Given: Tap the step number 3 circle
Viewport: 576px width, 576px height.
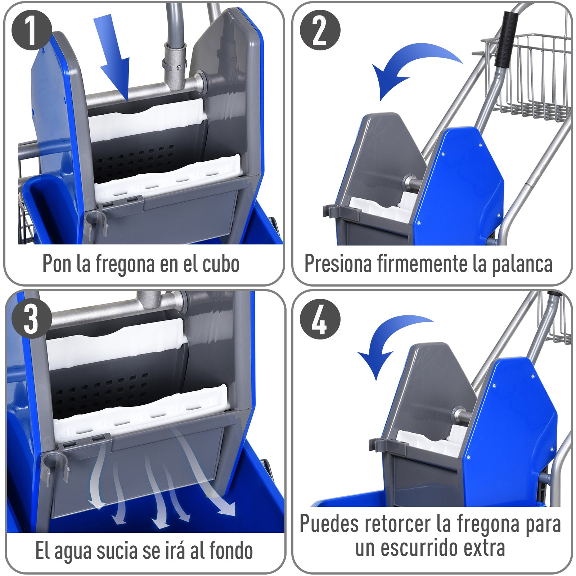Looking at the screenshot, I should [x=32, y=319].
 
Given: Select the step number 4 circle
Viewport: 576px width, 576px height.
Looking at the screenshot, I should [x=320, y=319].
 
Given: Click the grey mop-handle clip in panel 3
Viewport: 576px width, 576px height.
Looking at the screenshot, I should [x=54, y=464].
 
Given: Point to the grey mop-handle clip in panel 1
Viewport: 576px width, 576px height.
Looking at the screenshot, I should [x=95, y=221].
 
